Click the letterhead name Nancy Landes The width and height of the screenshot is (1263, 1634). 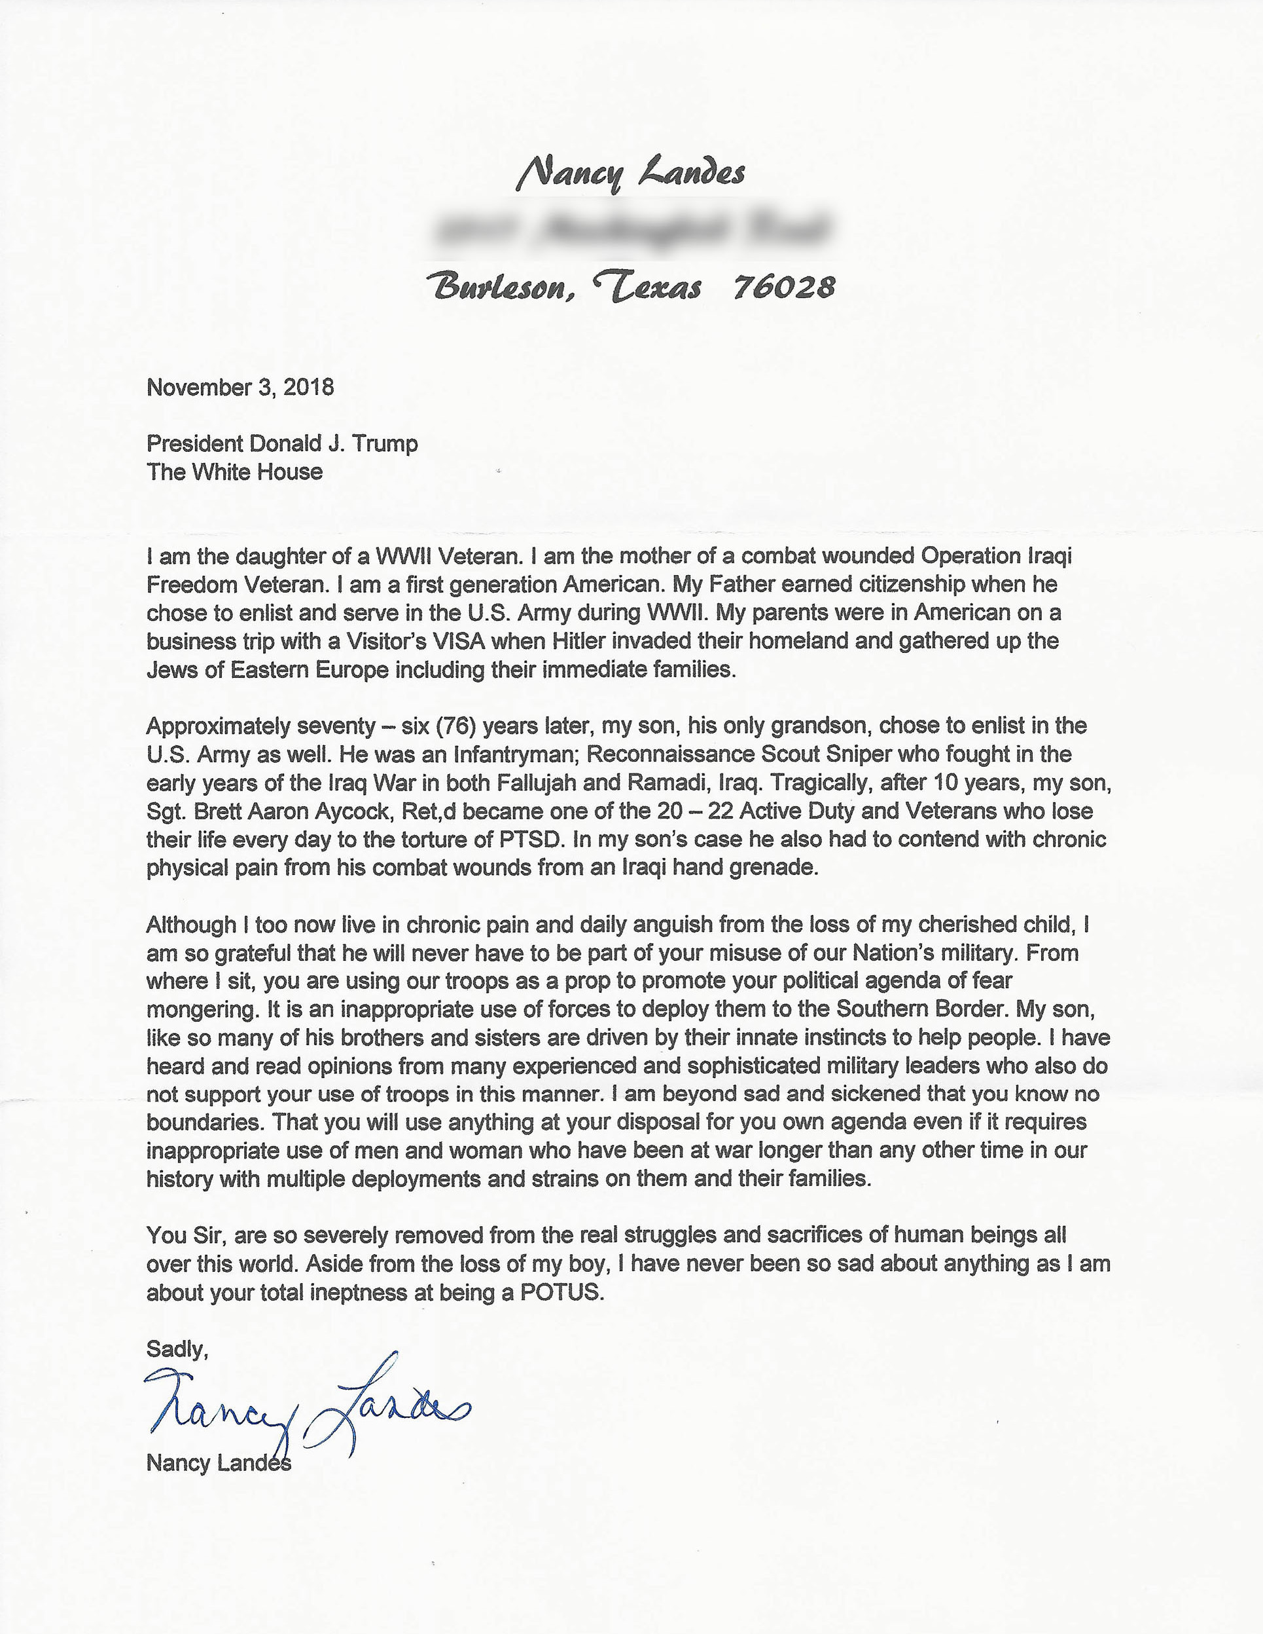[630, 174]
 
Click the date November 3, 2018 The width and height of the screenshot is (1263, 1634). [240, 388]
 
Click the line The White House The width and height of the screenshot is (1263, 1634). [235, 472]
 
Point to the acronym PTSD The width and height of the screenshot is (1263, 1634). [529, 840]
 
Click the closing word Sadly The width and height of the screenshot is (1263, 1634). [177, 1350]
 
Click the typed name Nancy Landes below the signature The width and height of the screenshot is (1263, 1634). [219, 1464]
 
